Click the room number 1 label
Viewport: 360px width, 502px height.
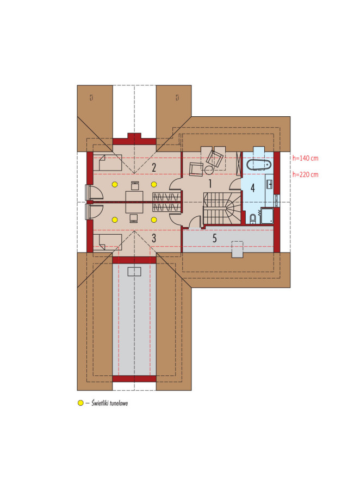tap(210, 184)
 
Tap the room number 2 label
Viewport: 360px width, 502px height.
tap(154, 167)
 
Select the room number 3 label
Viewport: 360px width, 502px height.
tap(154, 238)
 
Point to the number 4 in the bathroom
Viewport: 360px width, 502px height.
tap(253, 188)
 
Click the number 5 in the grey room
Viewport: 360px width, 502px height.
tap(214, 237)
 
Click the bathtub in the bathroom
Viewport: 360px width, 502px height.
tap(259, 165)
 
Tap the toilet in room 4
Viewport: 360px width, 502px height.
tap(253, 218)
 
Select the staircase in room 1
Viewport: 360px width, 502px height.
tap(222, 209)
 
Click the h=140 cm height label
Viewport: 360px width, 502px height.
tap(305, 158)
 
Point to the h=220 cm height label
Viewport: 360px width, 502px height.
tap(305, 174)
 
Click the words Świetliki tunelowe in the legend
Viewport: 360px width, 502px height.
tap(110, 403)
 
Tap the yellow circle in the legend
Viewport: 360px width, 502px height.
tap(80, 403)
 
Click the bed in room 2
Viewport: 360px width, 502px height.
tap(107, 162)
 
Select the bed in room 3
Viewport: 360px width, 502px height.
tap(107, 242)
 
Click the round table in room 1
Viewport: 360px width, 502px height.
tap(209, 170)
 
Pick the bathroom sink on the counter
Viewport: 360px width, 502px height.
tap(270, 185)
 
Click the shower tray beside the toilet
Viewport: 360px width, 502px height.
tap(267, 216)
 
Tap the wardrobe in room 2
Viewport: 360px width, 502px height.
tap(166, 197)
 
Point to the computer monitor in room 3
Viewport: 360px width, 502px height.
tap(134, 218)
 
